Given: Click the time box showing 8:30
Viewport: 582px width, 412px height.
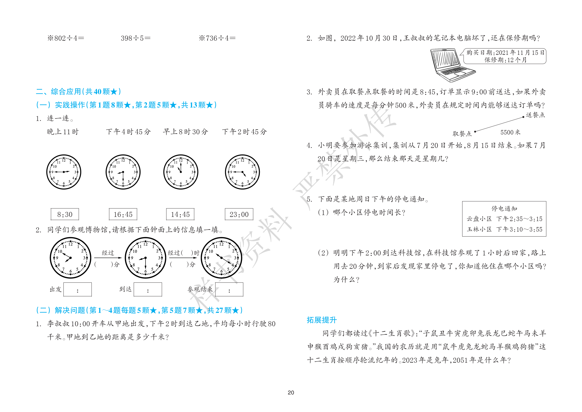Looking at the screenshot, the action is tap(65, 214).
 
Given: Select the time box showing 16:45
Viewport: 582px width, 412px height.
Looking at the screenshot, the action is tap(123, 214).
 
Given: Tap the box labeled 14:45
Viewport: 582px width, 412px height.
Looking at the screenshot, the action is tap(180, 214).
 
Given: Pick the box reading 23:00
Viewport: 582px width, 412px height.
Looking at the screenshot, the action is tap(239, 214).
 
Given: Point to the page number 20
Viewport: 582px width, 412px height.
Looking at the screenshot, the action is tap(291, 393).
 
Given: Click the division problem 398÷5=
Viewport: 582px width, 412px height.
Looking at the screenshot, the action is tap(136, 38).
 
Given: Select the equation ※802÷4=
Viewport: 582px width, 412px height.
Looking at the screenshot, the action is tap(66, 38).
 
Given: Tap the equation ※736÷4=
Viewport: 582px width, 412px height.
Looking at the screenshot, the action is tap(217, 38).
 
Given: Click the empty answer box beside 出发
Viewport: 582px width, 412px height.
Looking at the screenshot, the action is tap(78, 290).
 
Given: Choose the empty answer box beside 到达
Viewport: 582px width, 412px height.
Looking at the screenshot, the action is tap(148, 290).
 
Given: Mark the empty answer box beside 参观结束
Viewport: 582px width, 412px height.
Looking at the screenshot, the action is tap(229, 290).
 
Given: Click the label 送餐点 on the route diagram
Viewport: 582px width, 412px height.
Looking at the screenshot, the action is tap(535, 115).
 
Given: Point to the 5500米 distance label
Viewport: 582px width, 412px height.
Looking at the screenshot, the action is tap(510, 132).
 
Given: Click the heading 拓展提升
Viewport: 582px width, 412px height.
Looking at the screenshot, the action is tap(322, 320).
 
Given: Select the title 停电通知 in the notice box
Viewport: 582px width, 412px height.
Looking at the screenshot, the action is tap(504, 208).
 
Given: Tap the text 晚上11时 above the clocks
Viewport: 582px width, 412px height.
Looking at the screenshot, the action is tap(63, 132).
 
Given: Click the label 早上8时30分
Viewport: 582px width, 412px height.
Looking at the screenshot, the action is tap(185, 132).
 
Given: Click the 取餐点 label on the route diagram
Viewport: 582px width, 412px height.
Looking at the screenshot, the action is tap(462, 134).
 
